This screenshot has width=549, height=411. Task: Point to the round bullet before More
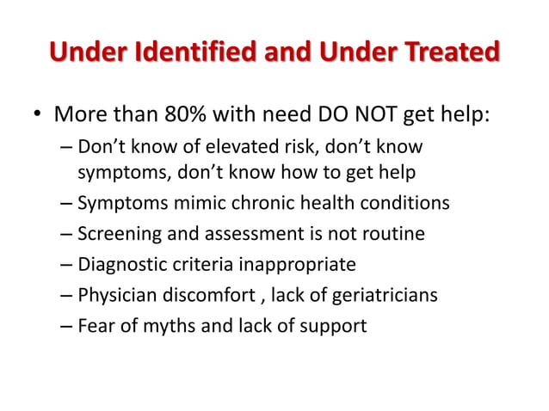pos(38,114)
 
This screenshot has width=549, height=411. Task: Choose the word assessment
pos(240,234)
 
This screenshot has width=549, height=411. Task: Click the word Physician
pos(114,295)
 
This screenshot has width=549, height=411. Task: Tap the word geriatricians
pos(385,295)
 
